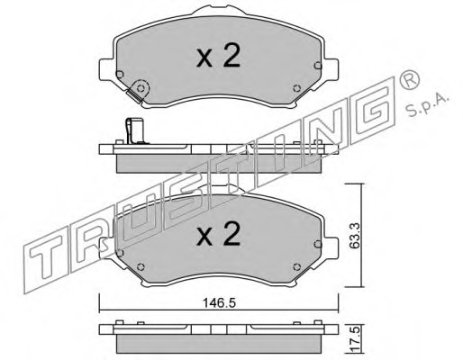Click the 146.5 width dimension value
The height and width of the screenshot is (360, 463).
219,303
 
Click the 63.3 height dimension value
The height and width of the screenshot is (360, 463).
355,236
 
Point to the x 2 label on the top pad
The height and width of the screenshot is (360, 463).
219,56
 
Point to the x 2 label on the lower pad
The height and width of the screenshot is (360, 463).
219,234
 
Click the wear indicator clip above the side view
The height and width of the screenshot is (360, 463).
137,131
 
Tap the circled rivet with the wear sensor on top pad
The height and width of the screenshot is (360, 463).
141,88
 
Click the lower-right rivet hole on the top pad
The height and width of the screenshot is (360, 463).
296,88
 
